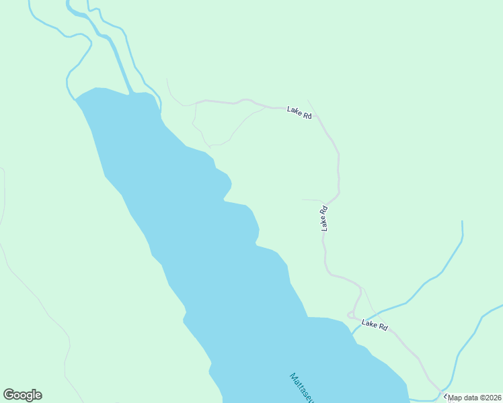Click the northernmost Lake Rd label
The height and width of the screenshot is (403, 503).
coord(299,113)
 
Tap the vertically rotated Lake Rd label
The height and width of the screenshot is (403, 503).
coord(324,219)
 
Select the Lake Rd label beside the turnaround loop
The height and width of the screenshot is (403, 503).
coord(375,325)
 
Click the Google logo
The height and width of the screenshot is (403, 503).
coord(22,395)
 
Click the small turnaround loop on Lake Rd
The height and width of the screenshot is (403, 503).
coord(351,315)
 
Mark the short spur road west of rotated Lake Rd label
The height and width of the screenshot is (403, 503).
coord(311,199)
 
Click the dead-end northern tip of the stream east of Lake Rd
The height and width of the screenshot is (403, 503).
coord(462,222)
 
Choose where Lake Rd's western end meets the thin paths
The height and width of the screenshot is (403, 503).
coord(195,103)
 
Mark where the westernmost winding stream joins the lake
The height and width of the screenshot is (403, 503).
coord(73,97)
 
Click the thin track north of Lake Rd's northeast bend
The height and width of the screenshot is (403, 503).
coord(311,105)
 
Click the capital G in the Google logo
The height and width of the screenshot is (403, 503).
coord(9,395)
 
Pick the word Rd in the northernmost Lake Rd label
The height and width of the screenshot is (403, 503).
coord(307,115)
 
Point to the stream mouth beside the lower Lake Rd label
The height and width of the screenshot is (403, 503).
coord(352,333)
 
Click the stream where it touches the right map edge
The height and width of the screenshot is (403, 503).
coord(501,308)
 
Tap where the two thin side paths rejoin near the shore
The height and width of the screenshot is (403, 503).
coord(210,145)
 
